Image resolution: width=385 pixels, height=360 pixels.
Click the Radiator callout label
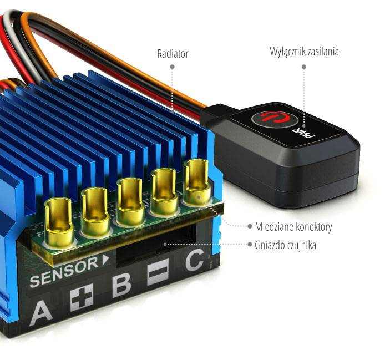[x=173, y=54]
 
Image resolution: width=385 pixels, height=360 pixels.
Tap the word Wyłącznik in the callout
[x=288, y=52]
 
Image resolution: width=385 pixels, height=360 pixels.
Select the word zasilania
[x=323, y=52]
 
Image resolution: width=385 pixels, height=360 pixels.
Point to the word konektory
[x=314, y=227]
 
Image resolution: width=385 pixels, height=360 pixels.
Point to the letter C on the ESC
[x=195, y=260]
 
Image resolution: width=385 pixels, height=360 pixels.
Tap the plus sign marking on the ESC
[x=82, y=297]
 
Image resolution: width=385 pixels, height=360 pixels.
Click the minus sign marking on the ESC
[x=158, y=272]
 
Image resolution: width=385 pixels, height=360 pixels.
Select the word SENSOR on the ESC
[x=64, y=272]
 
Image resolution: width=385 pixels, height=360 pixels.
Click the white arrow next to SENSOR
[x=105, y=260]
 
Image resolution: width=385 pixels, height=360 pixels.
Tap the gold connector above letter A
[x=59, y=222]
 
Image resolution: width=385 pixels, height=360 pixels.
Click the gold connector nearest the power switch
[x=196, y=181]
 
